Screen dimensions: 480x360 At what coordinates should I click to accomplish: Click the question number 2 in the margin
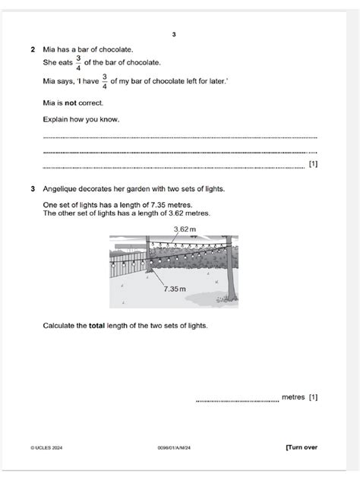coord(32,49)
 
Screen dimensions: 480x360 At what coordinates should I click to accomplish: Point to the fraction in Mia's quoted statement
coord(104,81)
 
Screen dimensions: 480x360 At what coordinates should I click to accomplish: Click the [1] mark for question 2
coord(313,164)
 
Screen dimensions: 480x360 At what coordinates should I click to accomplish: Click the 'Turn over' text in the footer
coord(302,447)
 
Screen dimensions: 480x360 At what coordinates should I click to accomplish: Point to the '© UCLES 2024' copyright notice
coord(46,448)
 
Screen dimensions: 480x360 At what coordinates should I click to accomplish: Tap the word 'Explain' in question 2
coord(57,120)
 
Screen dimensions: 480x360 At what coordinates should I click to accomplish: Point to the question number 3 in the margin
coord(32,189)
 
